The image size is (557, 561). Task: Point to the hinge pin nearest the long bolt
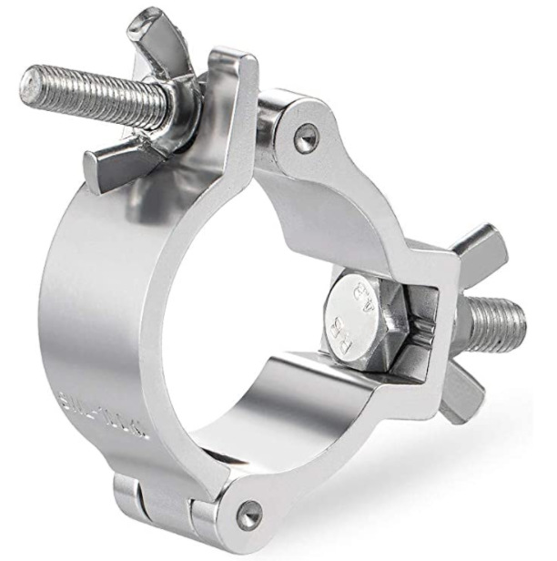307,138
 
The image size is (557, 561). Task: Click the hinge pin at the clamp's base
247,514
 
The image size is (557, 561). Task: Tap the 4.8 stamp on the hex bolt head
363,297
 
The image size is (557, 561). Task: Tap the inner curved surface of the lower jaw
300,392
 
